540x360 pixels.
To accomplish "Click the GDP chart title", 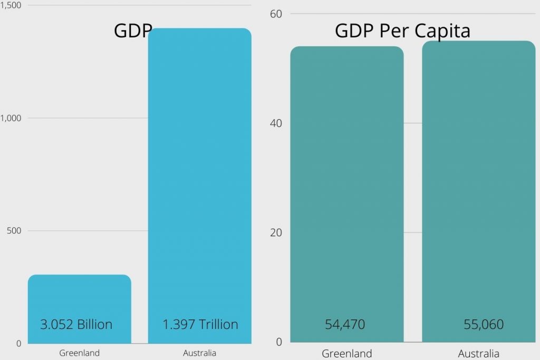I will (133, 31).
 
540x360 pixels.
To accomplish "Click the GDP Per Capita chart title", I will (402, 31).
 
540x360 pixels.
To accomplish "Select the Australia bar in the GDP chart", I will (200, 184).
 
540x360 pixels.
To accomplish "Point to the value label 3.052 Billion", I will (76, 324).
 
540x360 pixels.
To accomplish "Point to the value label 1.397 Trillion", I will (200, 324).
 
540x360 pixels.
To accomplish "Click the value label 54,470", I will (345, 324).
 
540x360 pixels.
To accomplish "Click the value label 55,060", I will (484, 324).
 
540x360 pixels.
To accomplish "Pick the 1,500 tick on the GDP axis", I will (10, 5).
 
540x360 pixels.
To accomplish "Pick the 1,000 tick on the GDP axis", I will (10, 118).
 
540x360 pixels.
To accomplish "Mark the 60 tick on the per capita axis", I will (276, 14).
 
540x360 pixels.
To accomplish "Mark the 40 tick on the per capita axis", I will (276, 123).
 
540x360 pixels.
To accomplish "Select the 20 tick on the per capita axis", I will (276, 232).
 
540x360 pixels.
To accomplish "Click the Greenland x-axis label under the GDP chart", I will (79, 353).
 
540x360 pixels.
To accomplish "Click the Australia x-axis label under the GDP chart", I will (200, 353).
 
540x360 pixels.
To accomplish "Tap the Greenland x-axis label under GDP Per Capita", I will (346, 353).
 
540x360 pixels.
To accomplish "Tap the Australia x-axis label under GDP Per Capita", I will (478, 353).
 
